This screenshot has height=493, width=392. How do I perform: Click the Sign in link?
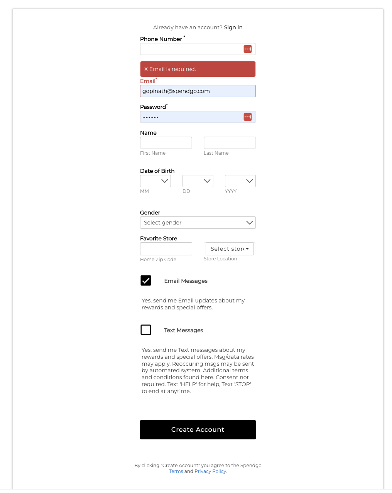[x=233, y=27]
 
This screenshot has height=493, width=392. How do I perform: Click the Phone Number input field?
[x=191, y=49]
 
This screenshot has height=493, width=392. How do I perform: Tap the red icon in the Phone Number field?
[x=248, y=49]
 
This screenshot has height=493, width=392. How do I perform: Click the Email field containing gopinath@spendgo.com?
[x=198, y=91]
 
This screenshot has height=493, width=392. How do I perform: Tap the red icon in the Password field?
[x=248, y=117]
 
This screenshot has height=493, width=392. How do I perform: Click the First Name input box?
[x=166, y=143]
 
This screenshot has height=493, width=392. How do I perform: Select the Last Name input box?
[x=230, y=143]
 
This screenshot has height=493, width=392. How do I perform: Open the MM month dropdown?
[x=155, y=181]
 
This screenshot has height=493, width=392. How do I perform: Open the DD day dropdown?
[x=198, y=181]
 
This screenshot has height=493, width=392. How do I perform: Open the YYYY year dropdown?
[x=240, y=181]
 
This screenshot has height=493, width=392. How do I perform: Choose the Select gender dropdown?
[x=198, y=223]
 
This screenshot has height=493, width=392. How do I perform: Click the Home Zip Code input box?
[x=166, y=249]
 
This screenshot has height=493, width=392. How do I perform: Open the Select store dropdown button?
[x=230, y=249]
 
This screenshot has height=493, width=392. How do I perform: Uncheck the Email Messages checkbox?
[x=146, y=280]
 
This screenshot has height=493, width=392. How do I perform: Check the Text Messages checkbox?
[x=146, y=330]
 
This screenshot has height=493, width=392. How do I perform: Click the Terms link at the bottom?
[x=176, y=471]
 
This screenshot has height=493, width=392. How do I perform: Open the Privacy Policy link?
[x=210, y=471]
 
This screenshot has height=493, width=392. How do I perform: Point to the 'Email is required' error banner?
[x=198, y=69]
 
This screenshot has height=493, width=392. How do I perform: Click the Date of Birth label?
[x=157, y=171]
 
